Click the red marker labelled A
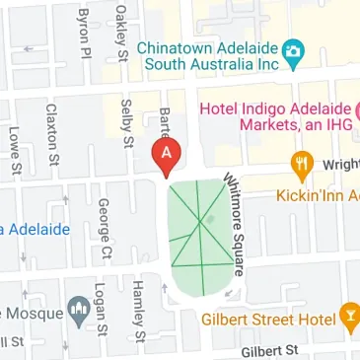point(167,154)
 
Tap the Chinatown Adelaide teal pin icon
point(292,49)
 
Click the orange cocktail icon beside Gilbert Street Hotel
point(348,319)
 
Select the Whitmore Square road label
point(236,226)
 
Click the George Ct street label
point(102,231)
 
